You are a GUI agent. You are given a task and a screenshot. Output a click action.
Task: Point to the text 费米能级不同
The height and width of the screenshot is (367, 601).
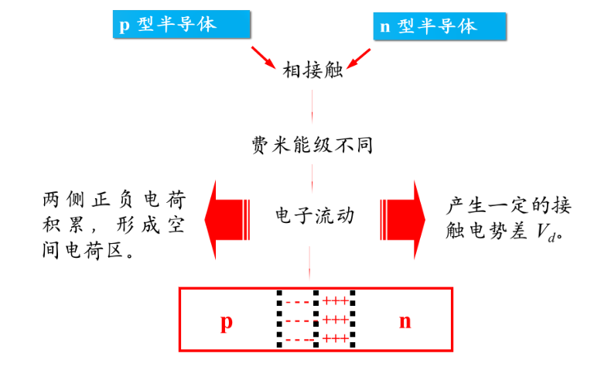point(312,145)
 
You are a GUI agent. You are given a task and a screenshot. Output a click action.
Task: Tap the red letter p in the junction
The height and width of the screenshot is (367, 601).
point(226,321)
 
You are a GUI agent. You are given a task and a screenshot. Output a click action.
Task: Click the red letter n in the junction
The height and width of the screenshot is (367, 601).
point(405,321)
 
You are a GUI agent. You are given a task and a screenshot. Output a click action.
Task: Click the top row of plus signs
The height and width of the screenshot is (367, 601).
point(335,301)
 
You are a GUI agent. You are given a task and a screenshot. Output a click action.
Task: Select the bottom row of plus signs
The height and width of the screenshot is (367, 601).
point(335,338)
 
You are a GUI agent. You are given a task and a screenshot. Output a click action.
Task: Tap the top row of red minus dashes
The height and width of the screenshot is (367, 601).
point(298,302)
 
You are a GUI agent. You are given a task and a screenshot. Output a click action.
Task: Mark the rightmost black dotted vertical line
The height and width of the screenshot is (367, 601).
point(352,319)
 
